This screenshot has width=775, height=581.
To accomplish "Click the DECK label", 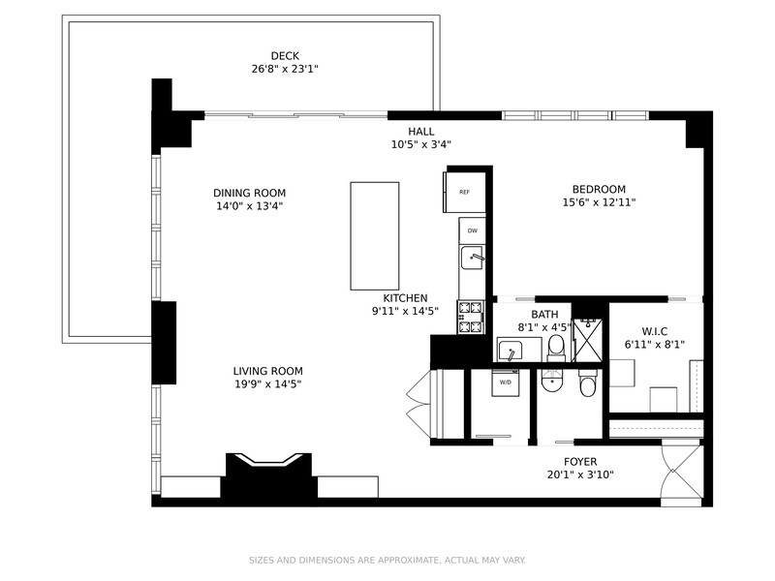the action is pos(285,56).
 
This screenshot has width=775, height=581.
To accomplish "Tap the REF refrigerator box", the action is pos(464,192).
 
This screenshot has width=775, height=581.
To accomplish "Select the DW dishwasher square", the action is pos(472,230).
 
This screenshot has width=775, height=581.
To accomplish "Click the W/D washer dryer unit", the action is pos(505,382).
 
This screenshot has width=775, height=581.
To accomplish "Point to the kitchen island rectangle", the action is pos(375,235).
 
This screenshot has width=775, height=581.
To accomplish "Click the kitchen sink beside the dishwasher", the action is pos(472,258).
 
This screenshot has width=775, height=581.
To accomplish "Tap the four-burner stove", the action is pos(471,318).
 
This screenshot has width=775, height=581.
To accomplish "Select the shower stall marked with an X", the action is pos(588,341).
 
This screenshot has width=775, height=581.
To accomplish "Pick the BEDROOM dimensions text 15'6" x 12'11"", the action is pos(599,202).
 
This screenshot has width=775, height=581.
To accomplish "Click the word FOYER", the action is pos(580,462).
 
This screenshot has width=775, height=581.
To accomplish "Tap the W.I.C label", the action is pos(655,331).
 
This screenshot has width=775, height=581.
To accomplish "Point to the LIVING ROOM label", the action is pos(268,371).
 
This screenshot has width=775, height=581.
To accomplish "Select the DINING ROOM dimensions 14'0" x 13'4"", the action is pos(249,206).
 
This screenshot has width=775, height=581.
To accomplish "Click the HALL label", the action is pos(421,132).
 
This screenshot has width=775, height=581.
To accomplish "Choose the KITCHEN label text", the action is pos(405,298).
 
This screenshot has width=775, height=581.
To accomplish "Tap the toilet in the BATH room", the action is pos(556,348).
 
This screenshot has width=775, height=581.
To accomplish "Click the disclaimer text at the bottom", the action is pos(387,561).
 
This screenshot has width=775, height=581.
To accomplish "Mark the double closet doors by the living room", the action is pos(418,404).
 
